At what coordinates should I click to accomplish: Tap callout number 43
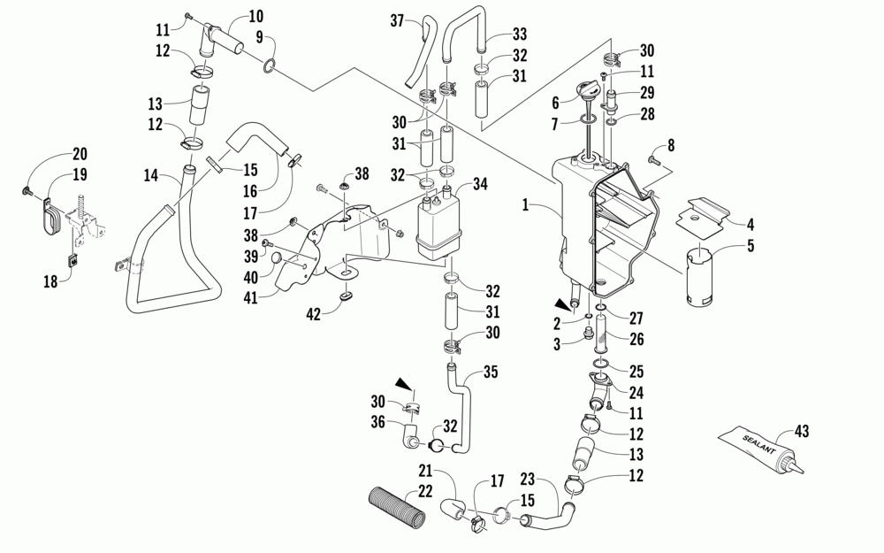point(802,431)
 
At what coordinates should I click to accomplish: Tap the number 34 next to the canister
point(481,184)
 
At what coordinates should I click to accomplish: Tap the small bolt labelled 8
point(654,160)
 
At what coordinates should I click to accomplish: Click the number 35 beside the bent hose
point(492,372)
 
